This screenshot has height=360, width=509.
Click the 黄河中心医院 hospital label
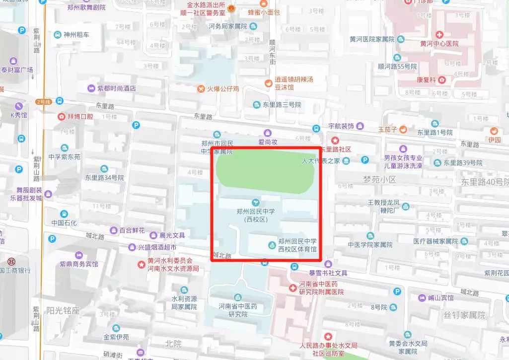click(439, 44)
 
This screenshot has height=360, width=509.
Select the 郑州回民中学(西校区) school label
click(255, 215)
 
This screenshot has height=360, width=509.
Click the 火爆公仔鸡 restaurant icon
click(201, 89)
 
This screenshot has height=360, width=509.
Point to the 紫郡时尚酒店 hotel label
click(116, 88)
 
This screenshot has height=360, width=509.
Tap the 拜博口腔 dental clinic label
click(80, 116)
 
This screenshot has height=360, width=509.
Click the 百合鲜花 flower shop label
click(132, 230)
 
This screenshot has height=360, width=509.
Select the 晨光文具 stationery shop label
click(172, 235)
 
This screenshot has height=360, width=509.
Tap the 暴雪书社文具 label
click(328, 273)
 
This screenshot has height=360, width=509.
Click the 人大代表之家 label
click(321, 160)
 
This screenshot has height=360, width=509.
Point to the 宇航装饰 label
click(341, 126)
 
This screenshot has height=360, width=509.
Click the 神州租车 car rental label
click(76, 35)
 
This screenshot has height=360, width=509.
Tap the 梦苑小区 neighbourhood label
click(379, 179)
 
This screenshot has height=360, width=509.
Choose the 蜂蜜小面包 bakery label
click(264, 12)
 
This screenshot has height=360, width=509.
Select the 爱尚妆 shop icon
click(268, 133)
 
